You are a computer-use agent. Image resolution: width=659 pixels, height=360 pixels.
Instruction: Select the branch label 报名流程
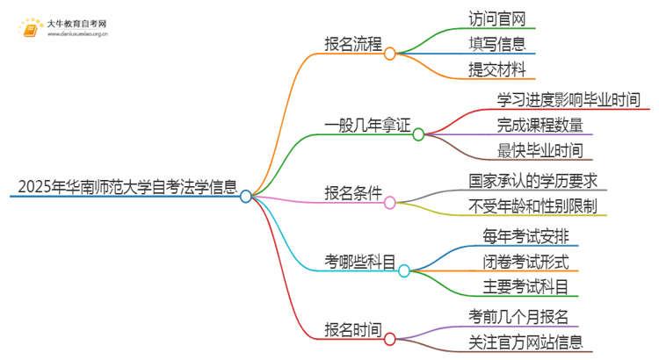[x=352, y=43]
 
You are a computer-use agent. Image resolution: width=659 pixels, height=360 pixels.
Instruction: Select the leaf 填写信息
[x=497, y=43]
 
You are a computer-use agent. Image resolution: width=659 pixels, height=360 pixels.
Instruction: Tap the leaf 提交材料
[x=497, y=69]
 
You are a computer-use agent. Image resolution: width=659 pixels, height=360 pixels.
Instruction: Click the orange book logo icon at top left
[x=31, y=30]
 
